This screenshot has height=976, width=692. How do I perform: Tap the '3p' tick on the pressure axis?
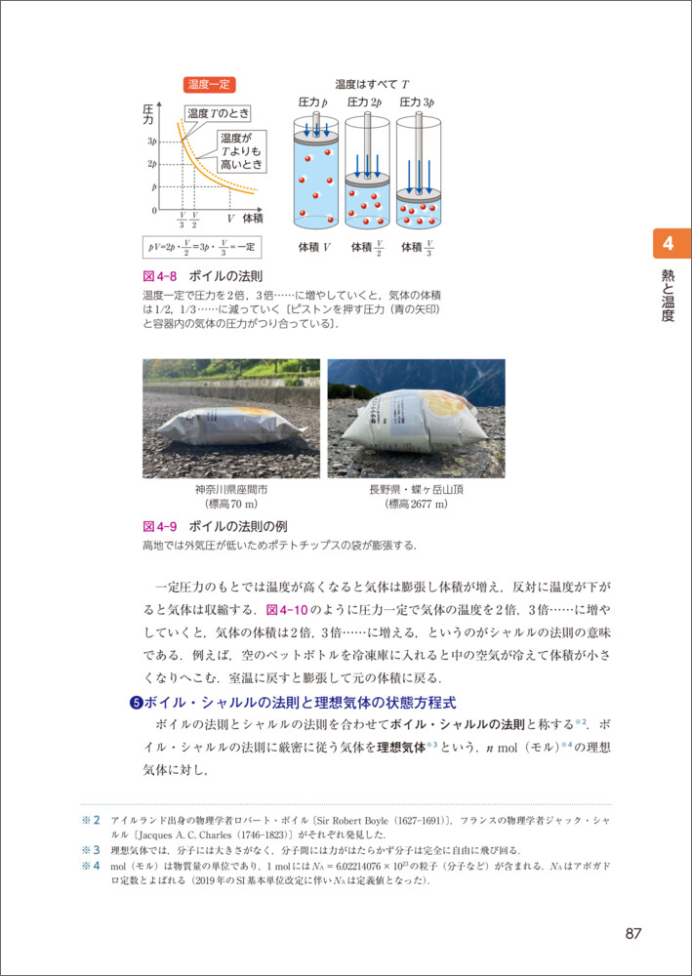click(x=153, y=142)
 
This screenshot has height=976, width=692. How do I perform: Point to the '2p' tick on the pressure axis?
click(x=153, y=164)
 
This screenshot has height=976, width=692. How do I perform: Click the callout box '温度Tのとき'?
click(x=218, y=113)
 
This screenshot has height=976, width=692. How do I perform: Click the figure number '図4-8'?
click(x=159, y=277)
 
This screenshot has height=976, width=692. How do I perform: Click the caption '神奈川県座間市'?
click(x=230, y=489)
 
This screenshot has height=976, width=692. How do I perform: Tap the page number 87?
click(x=632, y=933)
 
